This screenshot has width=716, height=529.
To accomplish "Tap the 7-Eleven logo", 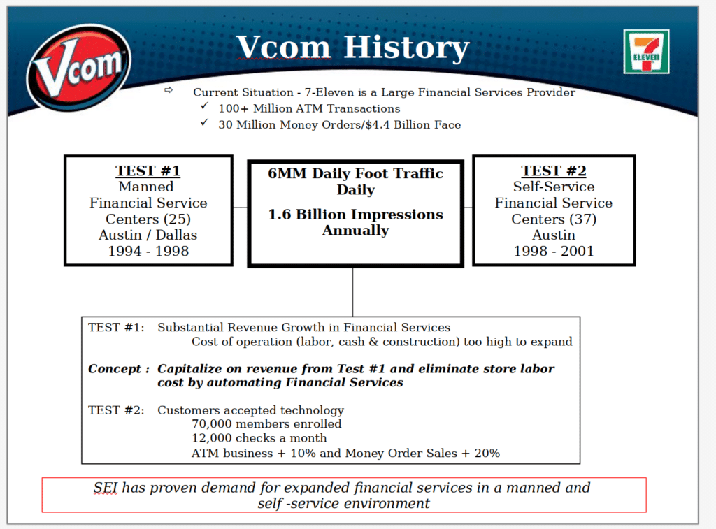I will click(x=646, y=52).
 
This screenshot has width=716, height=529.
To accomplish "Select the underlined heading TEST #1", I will click(x=148, y=171).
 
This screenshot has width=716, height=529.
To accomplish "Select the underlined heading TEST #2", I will click(x=554, y=171).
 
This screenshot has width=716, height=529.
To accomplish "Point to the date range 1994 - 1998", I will click(x=148, y=251).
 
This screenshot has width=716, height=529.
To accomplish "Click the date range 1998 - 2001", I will click(x=554, y=251).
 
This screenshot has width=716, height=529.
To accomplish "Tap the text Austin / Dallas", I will click(x=148, y=235).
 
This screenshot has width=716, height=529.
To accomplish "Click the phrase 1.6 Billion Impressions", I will click(x=355, y=215).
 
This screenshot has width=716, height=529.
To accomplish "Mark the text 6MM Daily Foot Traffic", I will click(x=355, y=174).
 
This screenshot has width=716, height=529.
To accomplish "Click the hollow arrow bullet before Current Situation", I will click(x=168, y=91).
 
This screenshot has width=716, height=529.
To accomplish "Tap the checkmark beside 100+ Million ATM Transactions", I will click(x=203, y=107).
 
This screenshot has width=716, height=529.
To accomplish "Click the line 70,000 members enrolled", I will click(x=266, y=423).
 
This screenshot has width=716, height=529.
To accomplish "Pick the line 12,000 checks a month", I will click(x=259, y=438).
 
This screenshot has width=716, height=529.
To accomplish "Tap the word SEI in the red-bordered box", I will click(x=106, y=488).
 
